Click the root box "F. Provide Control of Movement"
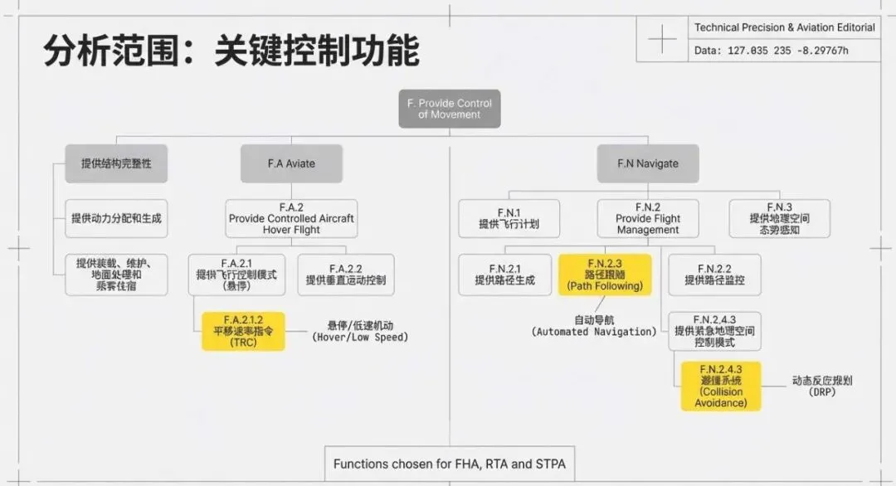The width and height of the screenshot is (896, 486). [450, 109]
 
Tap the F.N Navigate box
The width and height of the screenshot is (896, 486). [648, 163]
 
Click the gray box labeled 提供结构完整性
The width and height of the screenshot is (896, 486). [116, 163]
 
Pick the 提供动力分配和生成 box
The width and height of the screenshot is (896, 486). [116, 219]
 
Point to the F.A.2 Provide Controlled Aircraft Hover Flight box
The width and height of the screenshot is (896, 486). [291, 218]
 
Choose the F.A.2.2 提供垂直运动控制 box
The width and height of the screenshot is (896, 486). [346, 275]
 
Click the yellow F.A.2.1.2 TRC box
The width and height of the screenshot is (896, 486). [243, 331]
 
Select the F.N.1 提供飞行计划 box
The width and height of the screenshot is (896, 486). [509, 218]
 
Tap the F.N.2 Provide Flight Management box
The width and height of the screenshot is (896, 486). [648, 218]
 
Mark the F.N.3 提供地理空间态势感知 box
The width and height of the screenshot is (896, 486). [779, 218]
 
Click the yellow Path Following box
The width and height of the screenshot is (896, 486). [605, 275]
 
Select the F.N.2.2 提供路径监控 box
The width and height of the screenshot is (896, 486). [714, 275]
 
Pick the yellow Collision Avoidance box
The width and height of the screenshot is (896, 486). [721, 386]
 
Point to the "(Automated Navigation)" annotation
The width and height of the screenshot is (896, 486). [594, 332]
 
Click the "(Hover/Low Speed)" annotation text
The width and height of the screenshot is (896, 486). [360, 338]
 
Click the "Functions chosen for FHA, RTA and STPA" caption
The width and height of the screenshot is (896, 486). [450, 464]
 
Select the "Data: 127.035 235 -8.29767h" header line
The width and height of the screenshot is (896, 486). [776, 51]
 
